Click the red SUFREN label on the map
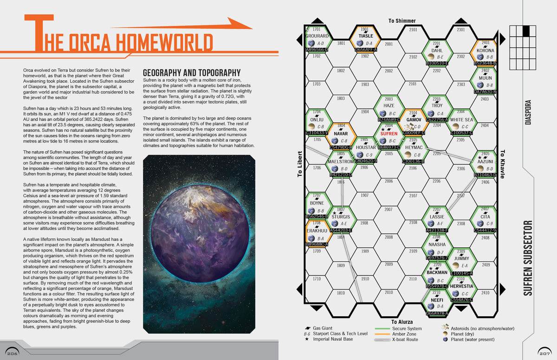(389, 134)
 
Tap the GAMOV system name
(413, 119)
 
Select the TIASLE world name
(365, 36)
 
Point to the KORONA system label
(485, 51)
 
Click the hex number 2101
(413, 30)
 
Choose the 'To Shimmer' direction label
(402, 21)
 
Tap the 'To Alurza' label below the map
(402, 321)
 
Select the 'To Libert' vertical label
(300, 164)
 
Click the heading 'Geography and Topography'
(191, 73)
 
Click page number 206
(12, 354)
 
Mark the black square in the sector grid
(526, 31)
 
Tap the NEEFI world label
(437, 300)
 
